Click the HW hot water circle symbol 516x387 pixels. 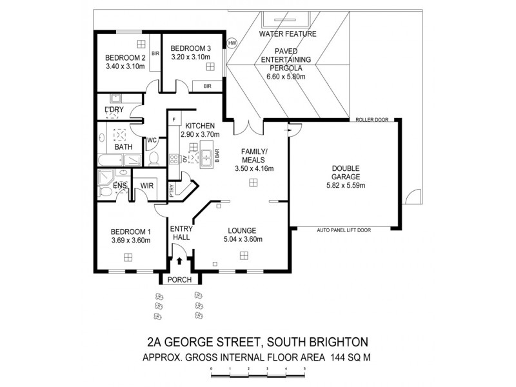click(232, 43)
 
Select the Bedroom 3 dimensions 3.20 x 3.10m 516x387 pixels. click(192, 57)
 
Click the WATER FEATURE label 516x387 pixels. click(286, 33)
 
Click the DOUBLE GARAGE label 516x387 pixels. click(345, 172)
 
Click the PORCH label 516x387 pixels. click(181, 280)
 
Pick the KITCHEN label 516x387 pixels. click(201, 125)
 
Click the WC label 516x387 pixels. click(153, 140)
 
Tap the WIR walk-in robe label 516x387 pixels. click(146, 186)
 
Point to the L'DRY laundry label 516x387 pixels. click(114, 110)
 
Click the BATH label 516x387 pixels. click(123, 146)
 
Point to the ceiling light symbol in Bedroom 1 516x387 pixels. click(128, 257)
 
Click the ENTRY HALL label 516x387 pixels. click(181, 233)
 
